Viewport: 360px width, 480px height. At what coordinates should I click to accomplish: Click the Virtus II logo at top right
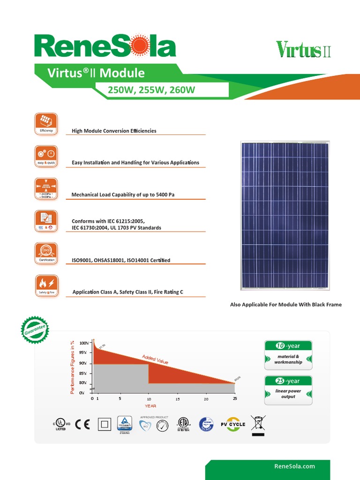coord(303,49)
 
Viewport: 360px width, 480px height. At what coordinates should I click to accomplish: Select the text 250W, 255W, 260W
coord(151,90)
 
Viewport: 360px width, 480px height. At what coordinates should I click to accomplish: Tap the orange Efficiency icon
coord(46,124)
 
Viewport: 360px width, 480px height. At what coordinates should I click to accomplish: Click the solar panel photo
coord(285,216)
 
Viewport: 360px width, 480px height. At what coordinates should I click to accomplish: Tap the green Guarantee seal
coord(35,330)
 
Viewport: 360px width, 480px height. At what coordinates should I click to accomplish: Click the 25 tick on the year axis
coord(235,399)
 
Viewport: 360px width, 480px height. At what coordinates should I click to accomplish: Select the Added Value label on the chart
coord(155,360)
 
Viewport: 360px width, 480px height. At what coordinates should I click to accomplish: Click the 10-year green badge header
coord(288,346)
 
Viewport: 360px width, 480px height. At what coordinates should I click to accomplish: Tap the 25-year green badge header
coord(288,381)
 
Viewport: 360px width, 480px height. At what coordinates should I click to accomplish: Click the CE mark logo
coord(83,425)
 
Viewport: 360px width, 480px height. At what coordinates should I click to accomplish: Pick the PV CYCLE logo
coord(233,425)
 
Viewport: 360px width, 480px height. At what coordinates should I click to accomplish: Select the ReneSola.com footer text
coord(294,466)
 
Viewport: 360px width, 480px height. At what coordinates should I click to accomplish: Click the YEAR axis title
coord(150,406)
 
